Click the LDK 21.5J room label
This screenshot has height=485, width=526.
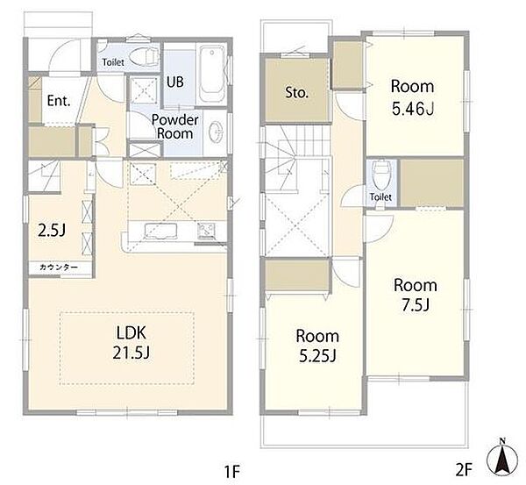click(x=131, y=343)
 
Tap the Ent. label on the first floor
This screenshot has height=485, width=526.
click(x=59, y=100)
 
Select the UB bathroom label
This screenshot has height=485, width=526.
click(x=175, y=82)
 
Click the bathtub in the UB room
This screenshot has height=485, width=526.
click(x=212, y=75)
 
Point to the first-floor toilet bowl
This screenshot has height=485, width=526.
click(x=145, y=56)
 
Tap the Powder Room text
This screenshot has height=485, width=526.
click(x=175, y=126)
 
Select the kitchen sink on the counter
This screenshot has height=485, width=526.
click(x=160, y=231)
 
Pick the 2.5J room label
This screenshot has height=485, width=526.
click(x=52, y=231)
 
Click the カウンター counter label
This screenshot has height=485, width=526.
click(x=59, y=267)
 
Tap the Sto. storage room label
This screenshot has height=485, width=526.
click(x=296, y=92)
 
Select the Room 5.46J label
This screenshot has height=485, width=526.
click(x=413, y=97)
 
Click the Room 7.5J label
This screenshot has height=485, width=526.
click(x=416, y=295)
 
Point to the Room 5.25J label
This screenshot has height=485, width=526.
click(x=317, y=346)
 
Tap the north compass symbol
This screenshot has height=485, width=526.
click(x=502, y=457)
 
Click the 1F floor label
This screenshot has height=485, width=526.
click(x=231, y=472)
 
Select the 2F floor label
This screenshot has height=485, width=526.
click(x=464, y=470)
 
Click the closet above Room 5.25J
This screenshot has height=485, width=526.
click(x=296, y=275)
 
